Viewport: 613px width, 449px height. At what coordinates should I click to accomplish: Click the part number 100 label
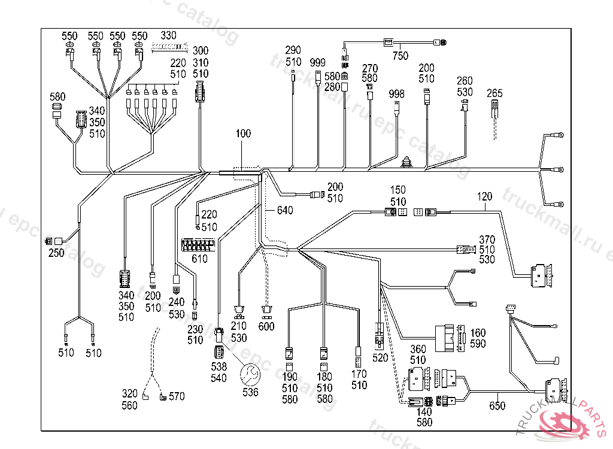[243, 134]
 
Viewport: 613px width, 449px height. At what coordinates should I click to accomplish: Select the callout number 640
[285, 211]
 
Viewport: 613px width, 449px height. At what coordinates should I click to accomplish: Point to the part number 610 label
[199, 259]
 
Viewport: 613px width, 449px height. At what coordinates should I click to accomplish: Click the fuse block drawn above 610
[198, 245]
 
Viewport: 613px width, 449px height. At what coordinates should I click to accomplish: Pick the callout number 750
[400, 56]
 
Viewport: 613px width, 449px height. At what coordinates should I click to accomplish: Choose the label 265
[494, 93]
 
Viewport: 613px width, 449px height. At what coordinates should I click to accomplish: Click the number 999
[318, 62]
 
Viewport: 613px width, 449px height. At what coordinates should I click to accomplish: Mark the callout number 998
[396, 93]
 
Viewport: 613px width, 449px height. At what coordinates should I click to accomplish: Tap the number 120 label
[485, 196]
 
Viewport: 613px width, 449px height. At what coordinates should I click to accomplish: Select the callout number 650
[497, 405]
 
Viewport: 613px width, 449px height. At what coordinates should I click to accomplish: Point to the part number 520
[380, 357]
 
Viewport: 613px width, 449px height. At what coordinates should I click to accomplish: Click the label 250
[56, 253]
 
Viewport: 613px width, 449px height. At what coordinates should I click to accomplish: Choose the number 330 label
[169, 35]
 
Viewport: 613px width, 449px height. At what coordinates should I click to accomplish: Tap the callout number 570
[177, 396]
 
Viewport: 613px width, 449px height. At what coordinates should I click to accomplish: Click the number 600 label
[266, 326]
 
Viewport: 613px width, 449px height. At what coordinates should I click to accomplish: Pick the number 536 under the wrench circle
[250, 392]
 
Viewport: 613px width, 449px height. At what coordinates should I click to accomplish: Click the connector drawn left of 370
[465, 249]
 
